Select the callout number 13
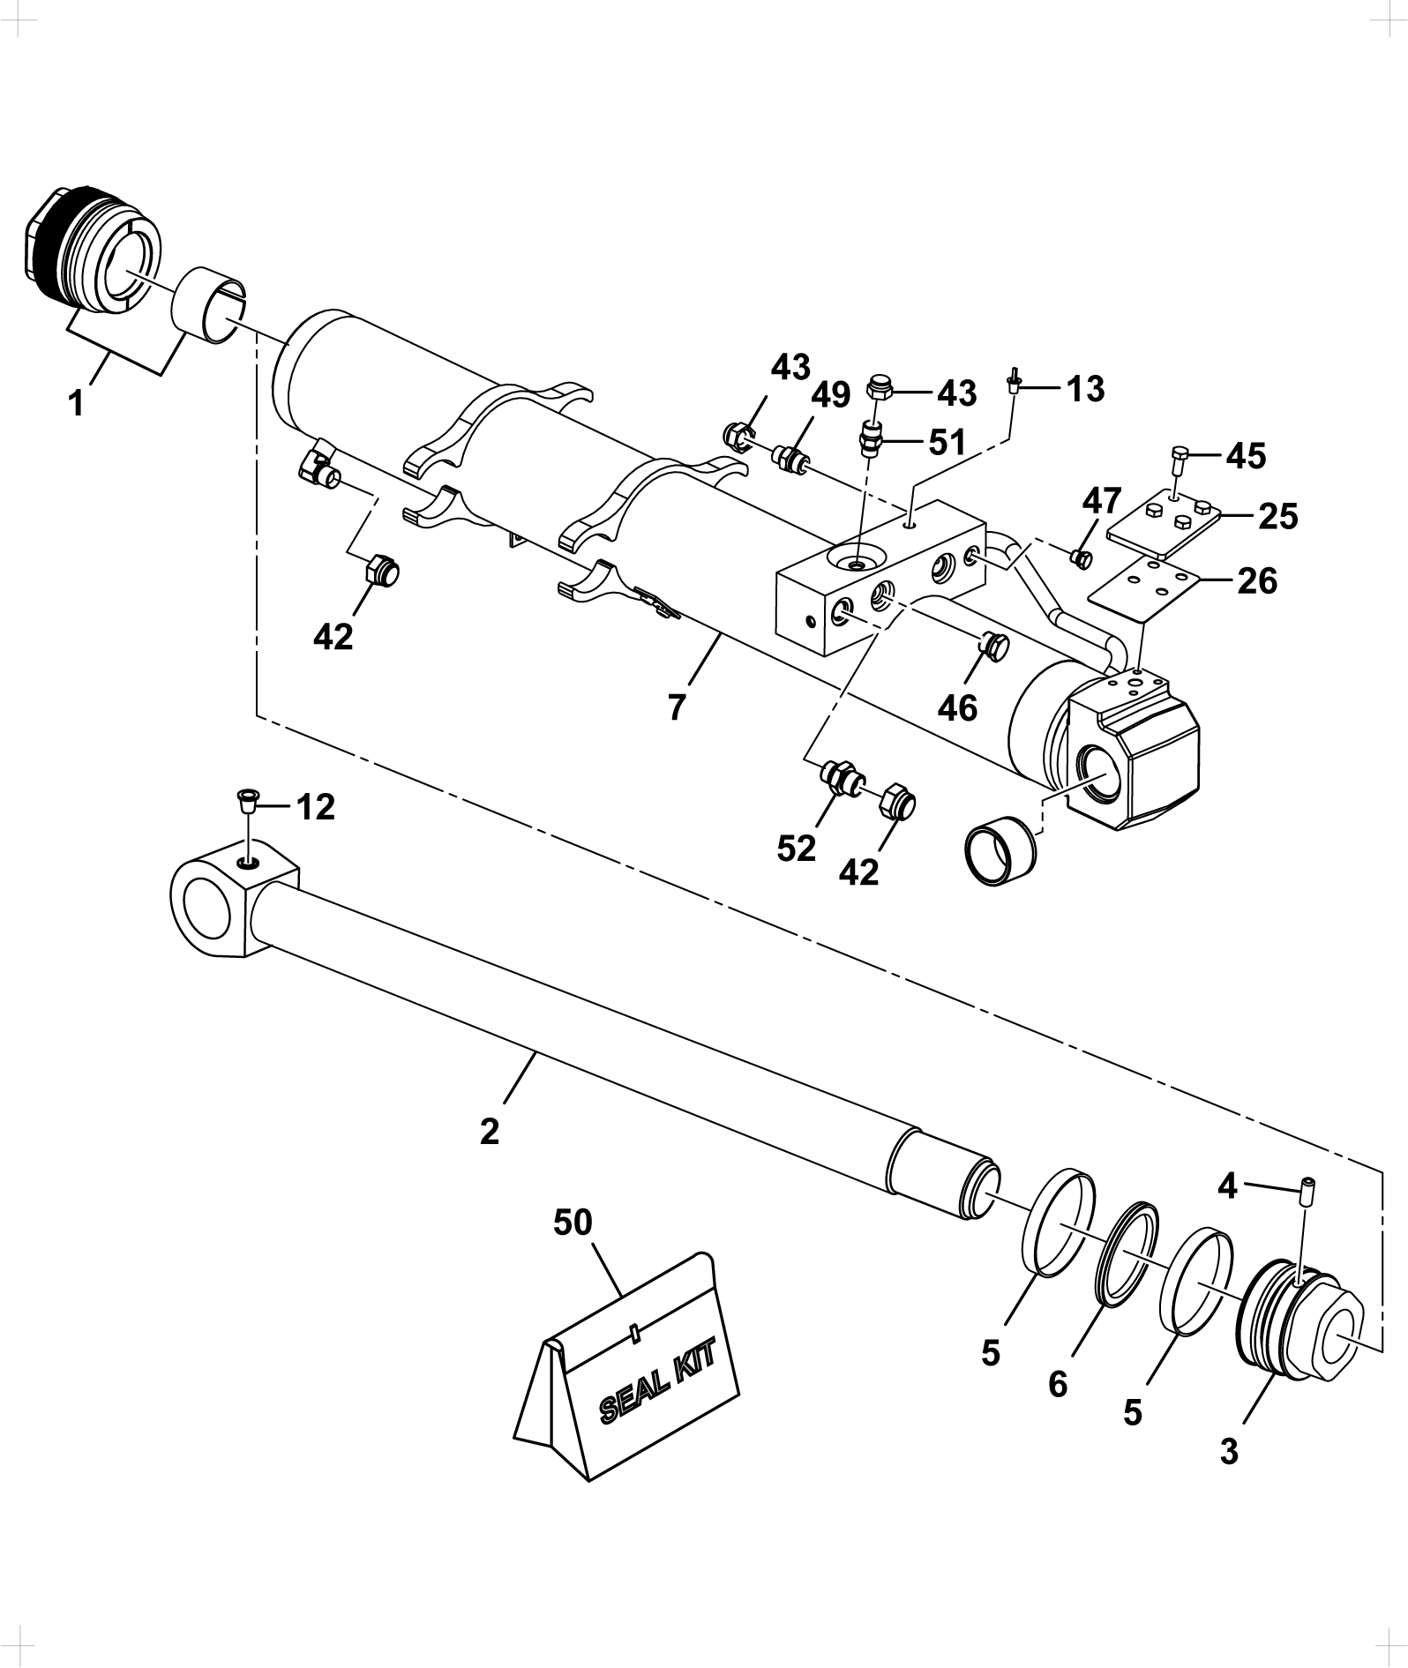1085,389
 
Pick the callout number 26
1257,581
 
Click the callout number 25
1278,517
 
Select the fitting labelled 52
841,778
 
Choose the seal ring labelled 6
1128,1247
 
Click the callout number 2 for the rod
490,1131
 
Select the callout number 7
677,707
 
